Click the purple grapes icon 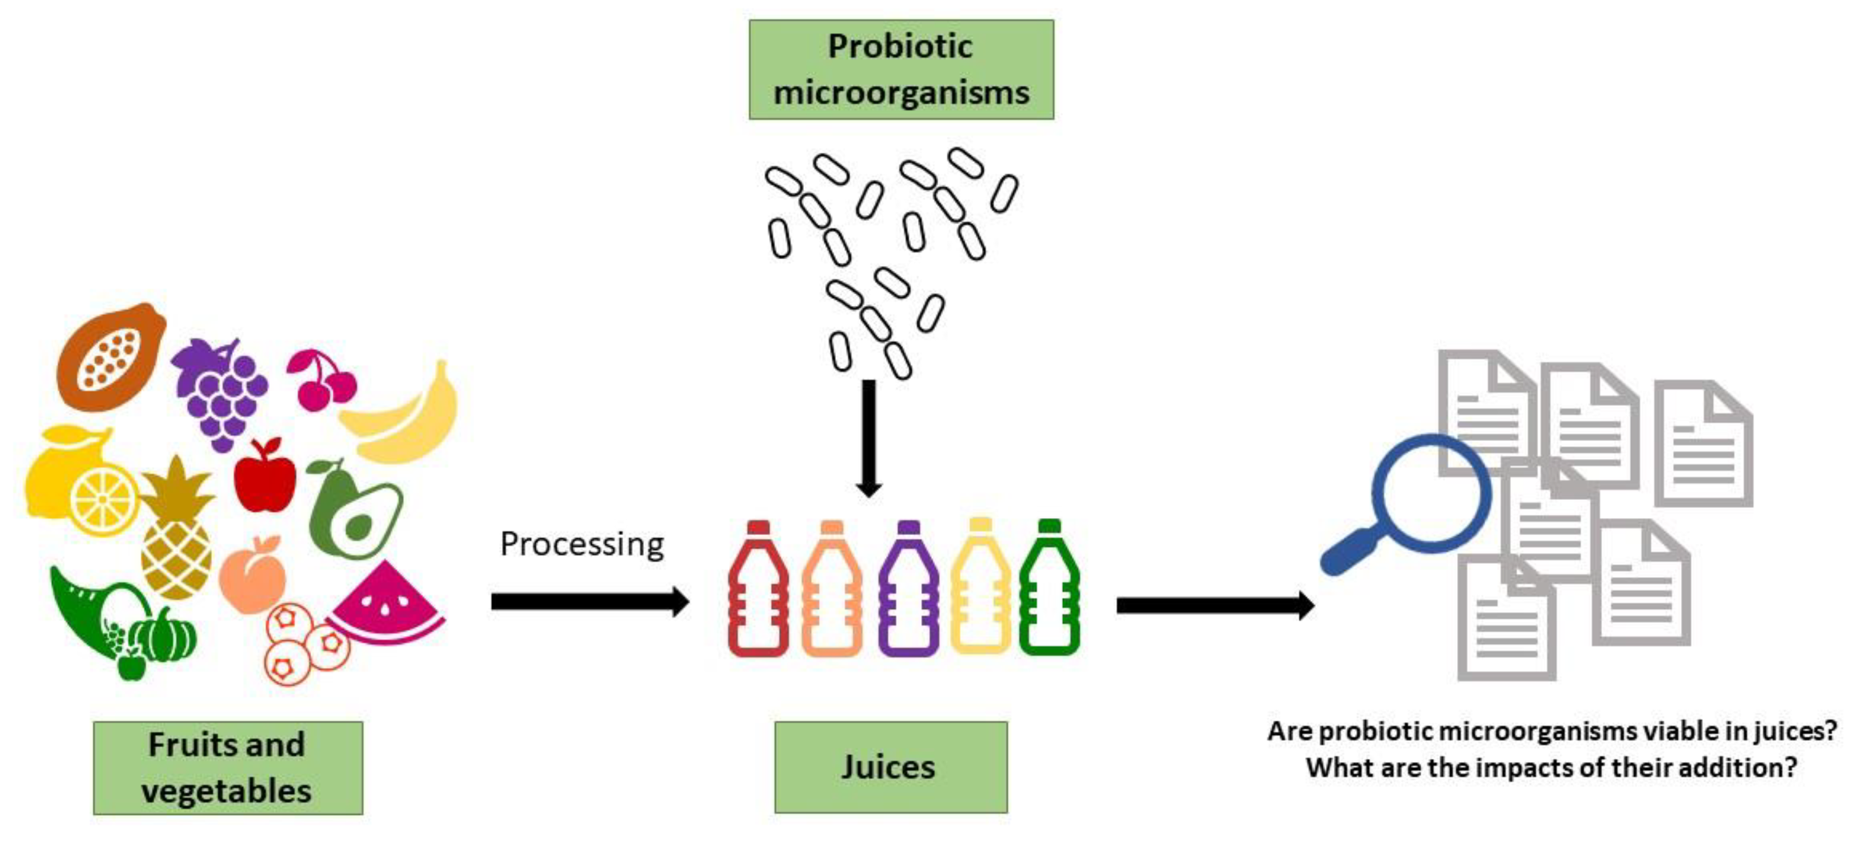[x=220, y=393]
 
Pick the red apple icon [x=265, y=479]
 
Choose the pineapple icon [x=177, y=534]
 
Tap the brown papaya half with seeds [x=110, y=357]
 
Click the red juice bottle [x=758, y=591]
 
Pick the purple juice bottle [x=909, y=591]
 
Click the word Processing [x=581, y=544]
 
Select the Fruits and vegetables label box [x=228, y=768]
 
